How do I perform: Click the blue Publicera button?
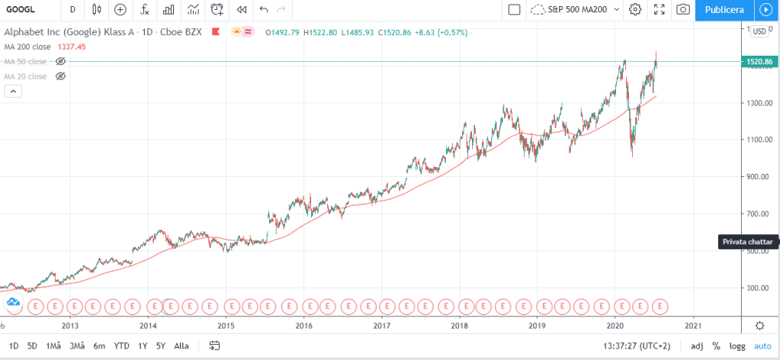click(x=724, y=10)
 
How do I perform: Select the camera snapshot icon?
click(x=683, y=10)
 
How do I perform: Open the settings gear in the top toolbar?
click(x=635, y=10)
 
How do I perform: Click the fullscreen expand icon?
click(x=660, y=10)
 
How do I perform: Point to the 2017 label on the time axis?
click(x=382, y=324)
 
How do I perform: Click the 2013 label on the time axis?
click(x=70, y=324)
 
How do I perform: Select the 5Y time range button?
click(x=160, y=346)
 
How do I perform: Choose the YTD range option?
click(x=121, y=346)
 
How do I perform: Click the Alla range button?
click(x=181, y=346)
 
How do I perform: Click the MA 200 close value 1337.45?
click(x=72, y=47)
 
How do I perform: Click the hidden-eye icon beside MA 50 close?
click(x=61, y=61)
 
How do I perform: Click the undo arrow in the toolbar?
click(x=264, y=10)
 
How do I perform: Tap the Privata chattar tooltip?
click(x=748, y=242)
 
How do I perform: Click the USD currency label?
click(x=759, y=31)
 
